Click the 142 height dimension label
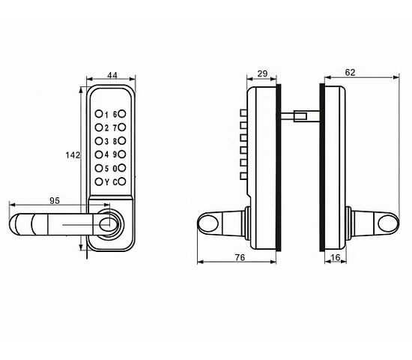pyautogui.click(x=73, y=155)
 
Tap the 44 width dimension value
pyautogui.click(x=112, y=75)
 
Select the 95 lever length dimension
pyautogui.click(x=55, y=201)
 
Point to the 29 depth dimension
pyautogui.click(x=262, y=73)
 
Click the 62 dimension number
pyautogui.click(x=350, y=72)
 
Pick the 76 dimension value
pyautogui.click(x=240, y=257)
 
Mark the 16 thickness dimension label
pyautogui.click(x=336, y=257)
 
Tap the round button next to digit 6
pyautogui.click(x=122, y=114)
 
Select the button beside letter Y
pyautogui.click(x=99, y=181)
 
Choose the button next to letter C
pyautogui.click(x=122, y=181)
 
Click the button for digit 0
pyautogui.click(x=122, y=168)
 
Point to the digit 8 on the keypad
pyautogui.click(x=115, y=141)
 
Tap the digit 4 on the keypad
pyautogui.click(x=106, y=154)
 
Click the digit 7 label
pyautogui.click(x=115, y=128)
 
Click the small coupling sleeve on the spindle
pyautogui.click(x=300, y=116)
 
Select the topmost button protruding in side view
pyautogui.click(x=243, y=113)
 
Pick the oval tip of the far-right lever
pyautogui.click(x=388, y=223)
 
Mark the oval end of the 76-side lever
pyautogui.click(x=207, y=223)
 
